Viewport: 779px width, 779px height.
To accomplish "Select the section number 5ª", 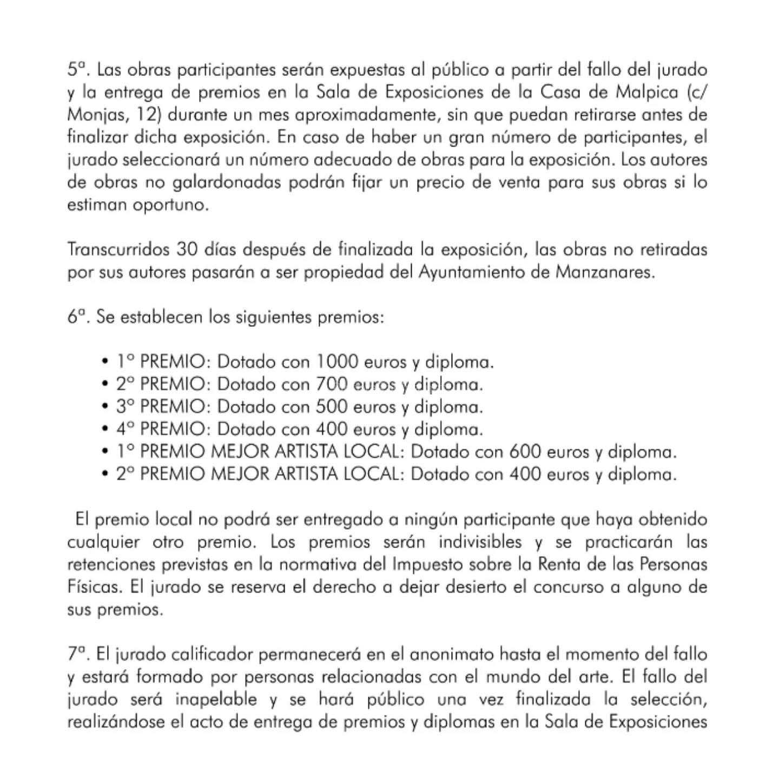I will (x=77, y=70).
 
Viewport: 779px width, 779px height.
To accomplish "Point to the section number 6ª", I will (x=77, y=317).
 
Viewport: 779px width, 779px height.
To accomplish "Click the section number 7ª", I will (x=77, y=655).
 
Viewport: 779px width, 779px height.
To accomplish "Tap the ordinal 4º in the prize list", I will (x=125, y=429).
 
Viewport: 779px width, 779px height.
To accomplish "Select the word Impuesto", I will (x=428, y=564).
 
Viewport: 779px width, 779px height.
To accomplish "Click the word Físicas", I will (x=90, y=587).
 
